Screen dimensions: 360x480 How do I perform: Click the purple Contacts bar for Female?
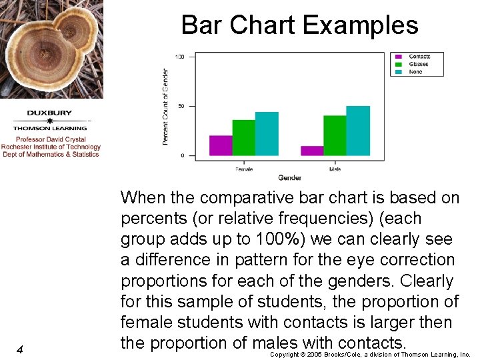point(221,145)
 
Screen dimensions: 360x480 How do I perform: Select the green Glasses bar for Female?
point(243,138)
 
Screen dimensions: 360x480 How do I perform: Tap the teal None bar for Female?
point(267,134)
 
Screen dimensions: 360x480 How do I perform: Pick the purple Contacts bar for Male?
point(312,151)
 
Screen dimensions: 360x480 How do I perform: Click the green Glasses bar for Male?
point(335,135)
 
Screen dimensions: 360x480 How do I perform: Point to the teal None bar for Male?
point(357,131)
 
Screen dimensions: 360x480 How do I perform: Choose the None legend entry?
point(415,71)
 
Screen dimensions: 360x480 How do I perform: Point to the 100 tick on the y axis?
point(180,57)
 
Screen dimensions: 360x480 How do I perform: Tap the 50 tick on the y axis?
point(181,106)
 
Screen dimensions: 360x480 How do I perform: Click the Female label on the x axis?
point(244,169)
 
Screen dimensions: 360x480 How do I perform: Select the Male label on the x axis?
point(335,169)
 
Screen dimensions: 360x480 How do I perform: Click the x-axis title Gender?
point(289,178)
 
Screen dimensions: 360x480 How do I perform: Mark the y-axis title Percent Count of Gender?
point(165,107)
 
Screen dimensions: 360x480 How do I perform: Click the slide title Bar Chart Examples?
point(299,25)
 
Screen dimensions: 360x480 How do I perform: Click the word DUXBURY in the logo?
point(50,113)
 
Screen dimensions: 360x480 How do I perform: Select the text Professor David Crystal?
point(51,140)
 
